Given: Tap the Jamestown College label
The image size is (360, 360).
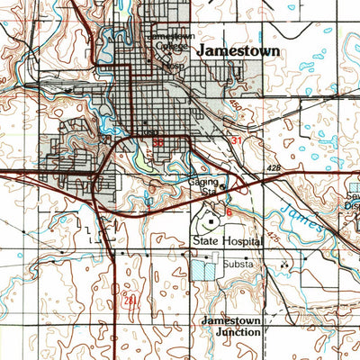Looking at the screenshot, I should click(168, 41).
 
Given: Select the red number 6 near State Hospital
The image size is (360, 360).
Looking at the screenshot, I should click(229, 211).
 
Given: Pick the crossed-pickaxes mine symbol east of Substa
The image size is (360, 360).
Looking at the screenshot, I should click(285, 265).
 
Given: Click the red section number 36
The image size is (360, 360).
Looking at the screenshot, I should click(159, 141).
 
